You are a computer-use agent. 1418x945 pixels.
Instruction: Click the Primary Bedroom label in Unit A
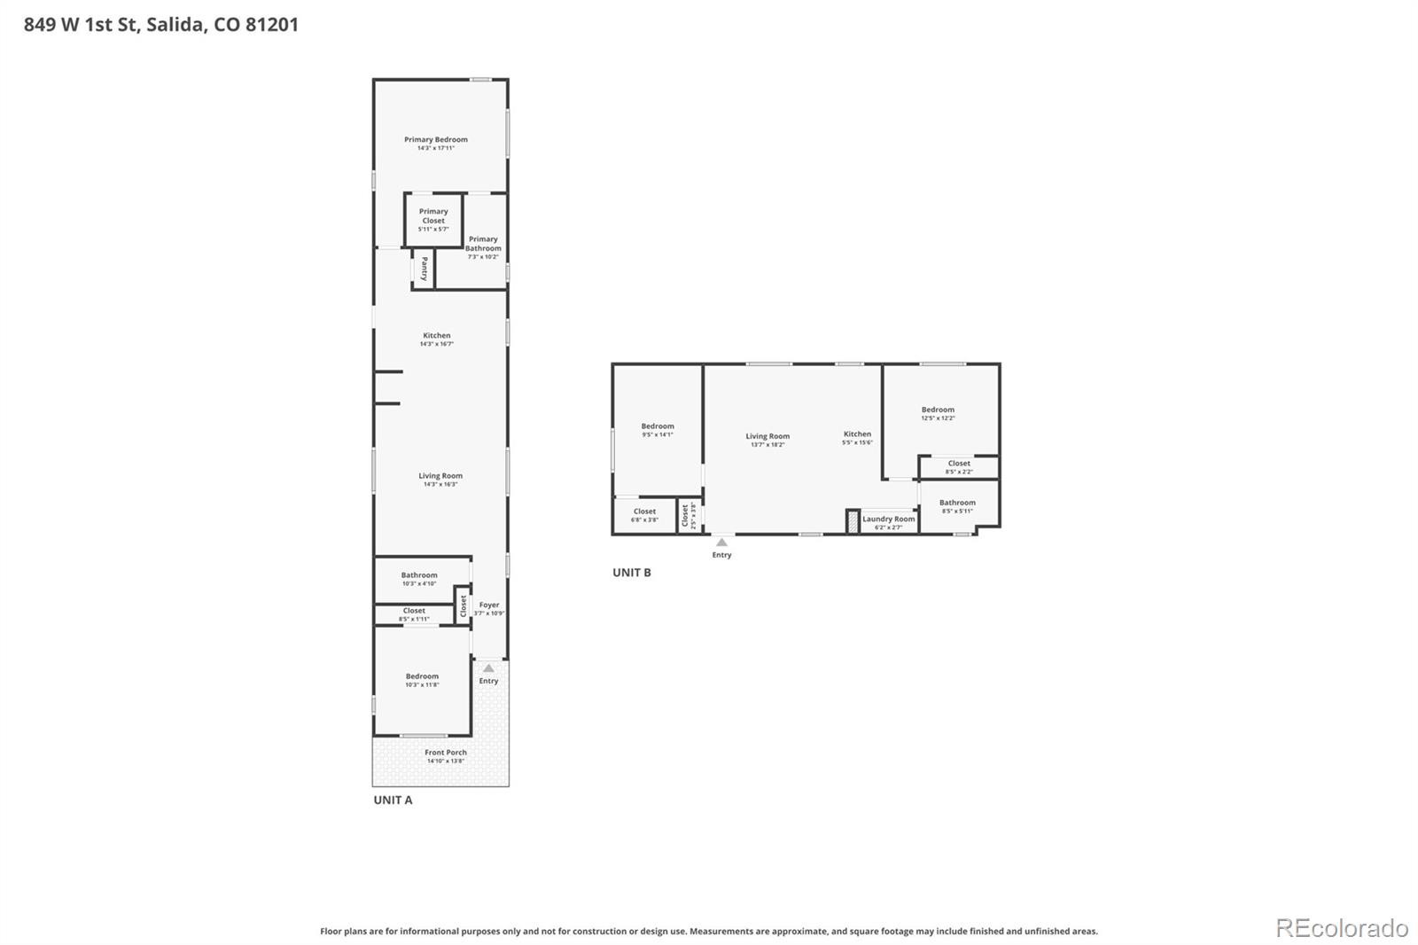click(x=435, y=140)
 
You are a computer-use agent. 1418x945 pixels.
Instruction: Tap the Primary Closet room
click(x=433, y=219)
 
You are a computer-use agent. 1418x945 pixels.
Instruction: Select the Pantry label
click(x=425, y=268)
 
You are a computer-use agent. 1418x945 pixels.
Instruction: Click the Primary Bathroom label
click(x=483, y=244)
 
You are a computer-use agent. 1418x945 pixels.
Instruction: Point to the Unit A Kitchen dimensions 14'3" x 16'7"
click(x=436, y=344)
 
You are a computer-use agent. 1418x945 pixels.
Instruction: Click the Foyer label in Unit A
click(x=489, y=605)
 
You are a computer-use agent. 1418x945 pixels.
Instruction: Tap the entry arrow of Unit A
click(x=488, y=668)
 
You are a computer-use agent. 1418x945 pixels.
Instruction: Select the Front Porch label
click(x=445, y=753)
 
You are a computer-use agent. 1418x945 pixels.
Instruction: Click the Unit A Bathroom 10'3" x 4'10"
click(x=419, y=579)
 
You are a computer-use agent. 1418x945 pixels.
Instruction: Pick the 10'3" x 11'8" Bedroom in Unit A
click(x=422, y=680)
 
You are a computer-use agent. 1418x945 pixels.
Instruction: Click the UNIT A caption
click(x=393, y=800)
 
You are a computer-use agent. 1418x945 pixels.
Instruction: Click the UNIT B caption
click(x=631, y=573)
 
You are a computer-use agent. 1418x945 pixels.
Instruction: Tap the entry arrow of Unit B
click(x=721, y=542)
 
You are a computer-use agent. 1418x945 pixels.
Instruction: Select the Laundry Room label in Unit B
click(x=888, y=519)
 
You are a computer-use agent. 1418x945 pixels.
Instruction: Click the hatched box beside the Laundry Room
click(x=852, y=521)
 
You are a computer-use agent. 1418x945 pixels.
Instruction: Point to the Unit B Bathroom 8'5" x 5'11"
click(x=957, y=506)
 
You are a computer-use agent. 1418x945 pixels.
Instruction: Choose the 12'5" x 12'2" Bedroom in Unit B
click(x=938, y=413)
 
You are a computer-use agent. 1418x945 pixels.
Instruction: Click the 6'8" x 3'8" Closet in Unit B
click(x=644, y=515)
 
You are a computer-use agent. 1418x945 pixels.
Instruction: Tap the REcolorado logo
click(x=1341, y=928)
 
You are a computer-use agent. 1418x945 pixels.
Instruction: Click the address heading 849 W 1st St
click(x=160, y=25)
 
